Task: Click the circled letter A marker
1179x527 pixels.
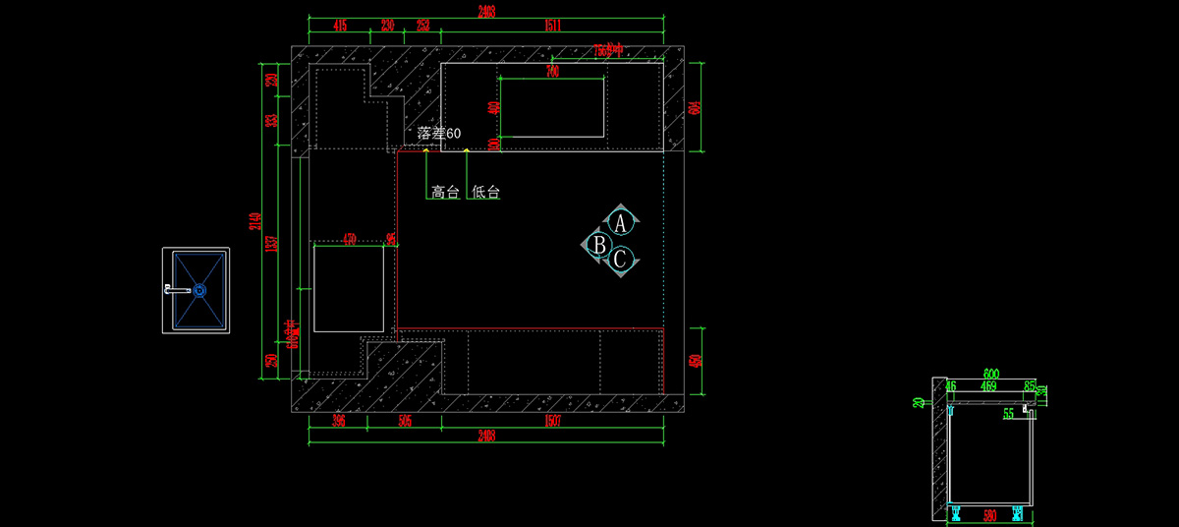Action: (620, 221)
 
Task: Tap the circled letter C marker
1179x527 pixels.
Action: (620, 261)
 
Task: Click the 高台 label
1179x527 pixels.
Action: (445, 193)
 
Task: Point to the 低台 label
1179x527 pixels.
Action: (486, 193)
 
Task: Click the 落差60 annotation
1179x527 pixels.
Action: (438, 133)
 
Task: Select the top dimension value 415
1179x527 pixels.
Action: (340, 25)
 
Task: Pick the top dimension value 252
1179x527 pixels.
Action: (422, 25)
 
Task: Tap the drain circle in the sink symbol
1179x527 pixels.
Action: (199, 290)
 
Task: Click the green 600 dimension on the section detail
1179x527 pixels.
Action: (990, 374)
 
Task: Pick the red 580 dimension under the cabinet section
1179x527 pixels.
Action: (990, 515)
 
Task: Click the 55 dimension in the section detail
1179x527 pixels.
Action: (1008, 415)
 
